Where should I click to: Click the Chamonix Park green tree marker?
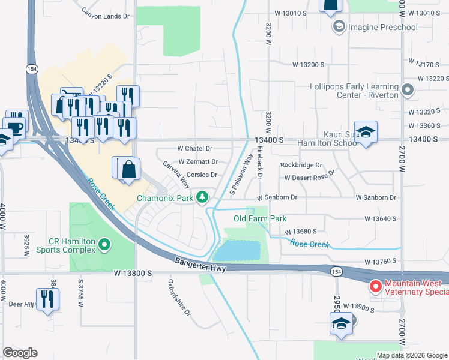(x=203, y=196)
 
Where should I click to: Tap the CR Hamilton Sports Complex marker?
(x=105, y=244)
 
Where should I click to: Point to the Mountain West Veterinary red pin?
(x=375, y=287)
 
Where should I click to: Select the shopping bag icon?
(x=129, y=169)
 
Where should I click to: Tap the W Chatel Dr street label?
(x=194, y=148)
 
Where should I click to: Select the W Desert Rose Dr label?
(x=309, y=178)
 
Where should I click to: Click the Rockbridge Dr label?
(x=301, y=165)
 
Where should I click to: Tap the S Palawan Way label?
(x=241, y=173)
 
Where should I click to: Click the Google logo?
(x=20, y=353)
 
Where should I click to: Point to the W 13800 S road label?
(x=133, y=273)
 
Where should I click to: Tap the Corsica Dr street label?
(x=205, y=175)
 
